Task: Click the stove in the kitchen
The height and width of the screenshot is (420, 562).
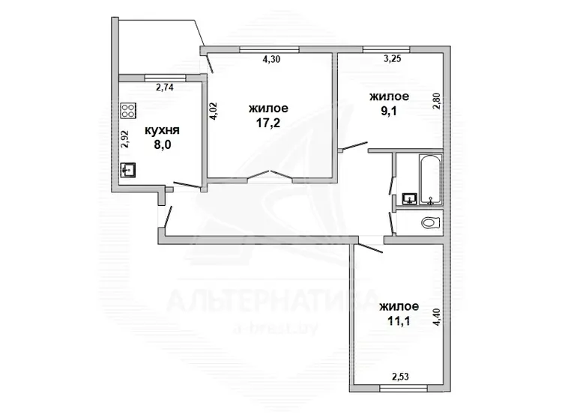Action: pyautogui.click(x=128, y=111)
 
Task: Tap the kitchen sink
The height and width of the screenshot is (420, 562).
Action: pyautogui.click(x=128, y=170)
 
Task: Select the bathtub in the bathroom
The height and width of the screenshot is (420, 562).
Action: pyautogui.click(x=430, y=180)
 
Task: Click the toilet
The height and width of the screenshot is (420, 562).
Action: pyautogui.click(x=431, y=223)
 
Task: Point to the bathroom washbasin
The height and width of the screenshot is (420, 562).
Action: pyautogui.click(x=409, y=198)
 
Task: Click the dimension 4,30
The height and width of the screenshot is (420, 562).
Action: pyautogui.click(x=271, y=59)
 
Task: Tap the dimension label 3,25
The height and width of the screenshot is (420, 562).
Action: pyautogui.click(x=392, y=58)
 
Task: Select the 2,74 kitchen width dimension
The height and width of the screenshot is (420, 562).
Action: pyautogui.click(x=165, y=87)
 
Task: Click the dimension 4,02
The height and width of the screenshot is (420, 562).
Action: pyautogui.click(x=214, y=111)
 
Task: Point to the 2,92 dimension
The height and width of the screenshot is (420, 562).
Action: pyautogui.click(x=124, y=139)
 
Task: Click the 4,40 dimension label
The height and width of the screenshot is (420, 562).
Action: pyautogui.click(x=436, y=317)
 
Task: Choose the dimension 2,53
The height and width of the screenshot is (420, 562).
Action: pyautogui.click(x=400, y=377)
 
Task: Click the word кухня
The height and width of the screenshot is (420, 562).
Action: pyautogui.click(x=162, y=130)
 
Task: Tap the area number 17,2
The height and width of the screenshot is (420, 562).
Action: pyautogui.click(x=268, y=124)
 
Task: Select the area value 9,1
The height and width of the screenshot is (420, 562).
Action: pyautogui.click(x=389, y=112)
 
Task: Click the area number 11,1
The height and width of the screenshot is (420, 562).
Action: pyautogui.click(x=399, y=321)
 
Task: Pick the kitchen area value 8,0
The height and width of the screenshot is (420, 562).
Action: pyautogui.click(x=163, y=145)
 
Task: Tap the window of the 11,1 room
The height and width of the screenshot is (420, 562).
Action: pyautogui.click(x=404, y=388)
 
